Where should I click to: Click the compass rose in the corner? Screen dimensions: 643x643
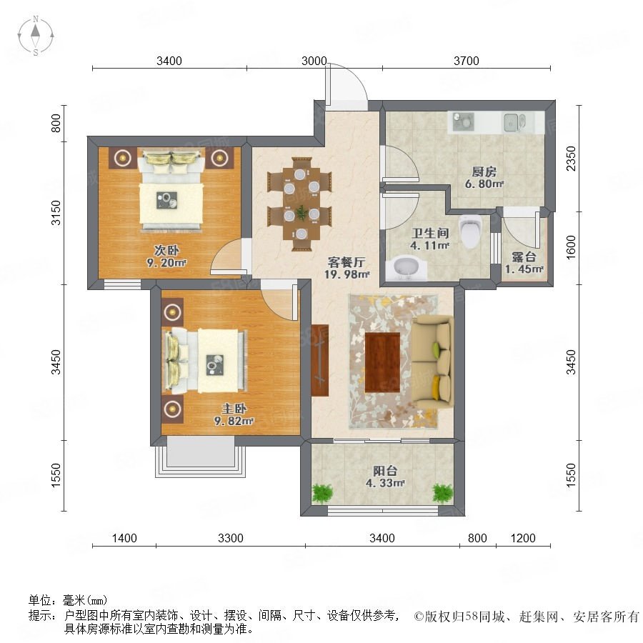[36, 36]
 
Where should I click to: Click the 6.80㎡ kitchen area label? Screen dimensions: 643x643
[484, 184]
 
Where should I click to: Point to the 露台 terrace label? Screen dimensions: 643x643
[524, 257]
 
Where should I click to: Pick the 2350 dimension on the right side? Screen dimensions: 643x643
[571, 159]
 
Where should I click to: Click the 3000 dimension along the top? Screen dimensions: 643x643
[314, 61]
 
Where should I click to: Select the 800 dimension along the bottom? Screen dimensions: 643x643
[477, 537]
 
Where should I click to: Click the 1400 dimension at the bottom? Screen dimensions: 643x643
[124, 537]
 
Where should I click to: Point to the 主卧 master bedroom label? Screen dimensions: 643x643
[234, 409]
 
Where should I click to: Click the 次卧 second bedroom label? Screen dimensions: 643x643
[166, 250]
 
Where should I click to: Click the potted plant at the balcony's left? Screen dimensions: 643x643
[322, 492]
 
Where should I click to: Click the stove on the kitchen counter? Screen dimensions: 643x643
[464, 121]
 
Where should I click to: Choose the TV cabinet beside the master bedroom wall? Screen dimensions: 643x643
[320, 360]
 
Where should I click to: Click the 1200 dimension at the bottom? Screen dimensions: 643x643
[523, 537]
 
